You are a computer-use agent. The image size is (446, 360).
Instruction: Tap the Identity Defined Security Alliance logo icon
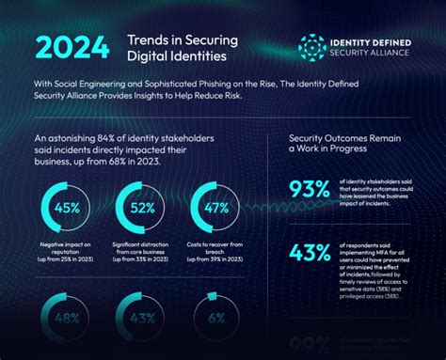click(x=312, y=48)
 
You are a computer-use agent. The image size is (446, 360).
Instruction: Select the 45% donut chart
click(x=67, y=209)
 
